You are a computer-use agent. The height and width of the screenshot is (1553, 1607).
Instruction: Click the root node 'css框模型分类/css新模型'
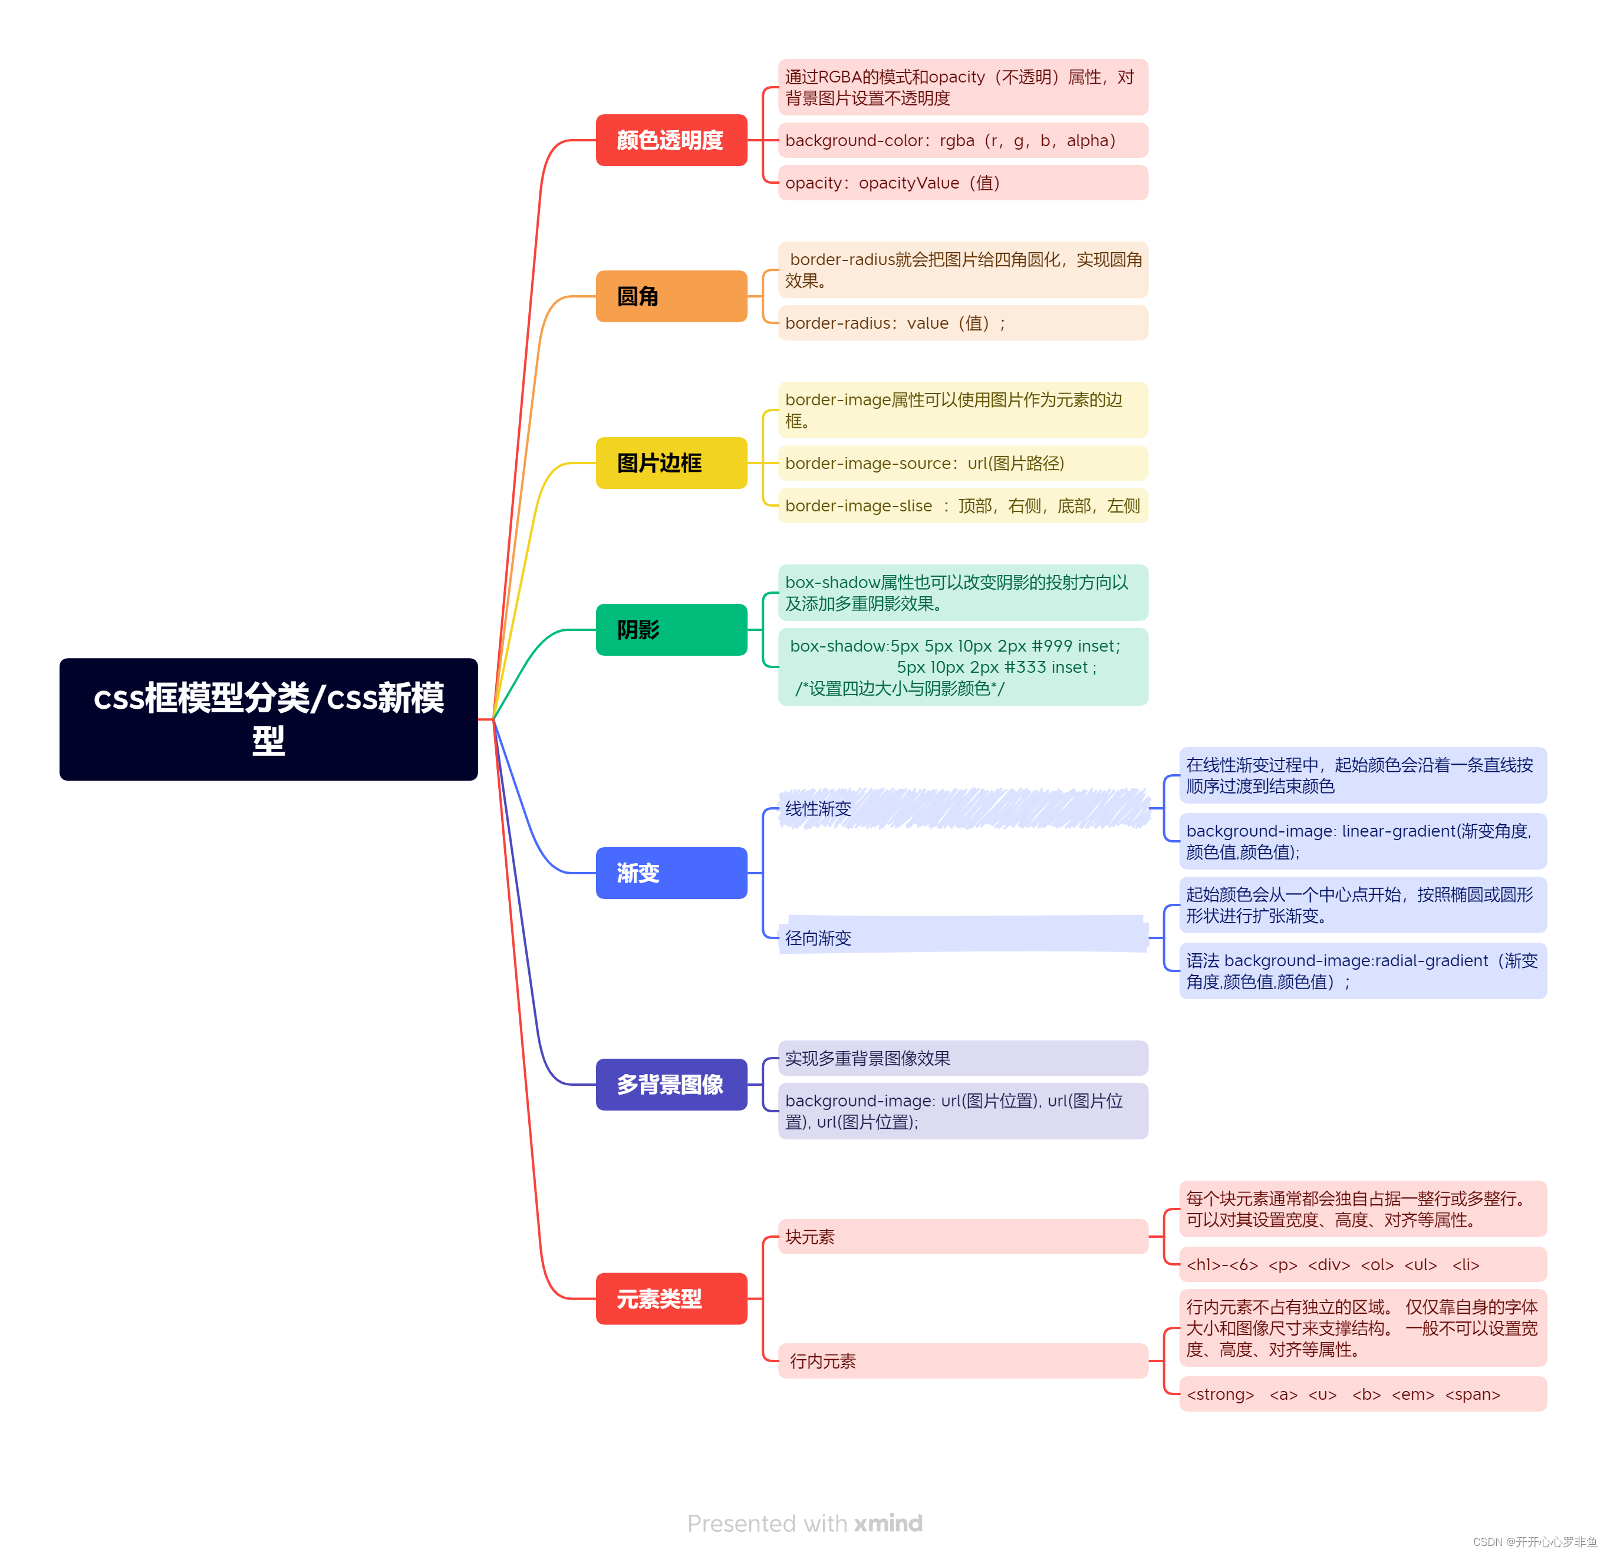click(268, 719)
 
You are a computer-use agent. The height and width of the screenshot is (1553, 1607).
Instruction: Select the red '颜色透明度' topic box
click(671, 140)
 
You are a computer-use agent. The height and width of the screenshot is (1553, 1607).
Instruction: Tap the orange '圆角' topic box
click(671, 296)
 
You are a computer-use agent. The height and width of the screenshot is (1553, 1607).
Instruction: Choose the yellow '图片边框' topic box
click(671, 463)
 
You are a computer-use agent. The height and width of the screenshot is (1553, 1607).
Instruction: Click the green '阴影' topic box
click(671, 629)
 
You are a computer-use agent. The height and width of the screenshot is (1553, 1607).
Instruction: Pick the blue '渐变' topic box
click(671, 873)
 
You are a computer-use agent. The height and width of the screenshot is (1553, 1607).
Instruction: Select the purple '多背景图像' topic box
click(671, 1084)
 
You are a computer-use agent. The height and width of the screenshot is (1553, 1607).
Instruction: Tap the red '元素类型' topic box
click(671, 1298)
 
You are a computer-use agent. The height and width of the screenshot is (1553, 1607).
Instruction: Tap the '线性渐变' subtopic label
click(818, 809)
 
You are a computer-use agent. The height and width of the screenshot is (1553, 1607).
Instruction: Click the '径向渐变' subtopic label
click(818, 937)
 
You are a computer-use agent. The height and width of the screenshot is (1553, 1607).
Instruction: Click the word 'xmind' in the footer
click(888, 1524)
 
